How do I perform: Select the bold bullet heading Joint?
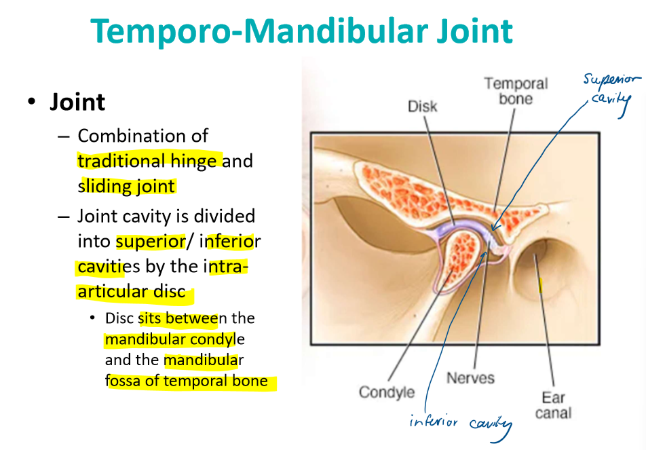(x=77, y=103)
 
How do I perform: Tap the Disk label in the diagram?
(x=422, y=107)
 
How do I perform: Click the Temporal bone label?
(x=516, y=92)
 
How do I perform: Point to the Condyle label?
(x=386, y=392)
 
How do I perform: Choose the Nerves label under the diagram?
(x=470, y=378)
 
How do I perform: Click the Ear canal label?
(x=553, y=405)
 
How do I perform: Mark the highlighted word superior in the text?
(x=151, y=241)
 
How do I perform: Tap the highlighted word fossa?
(x=123, y=381)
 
